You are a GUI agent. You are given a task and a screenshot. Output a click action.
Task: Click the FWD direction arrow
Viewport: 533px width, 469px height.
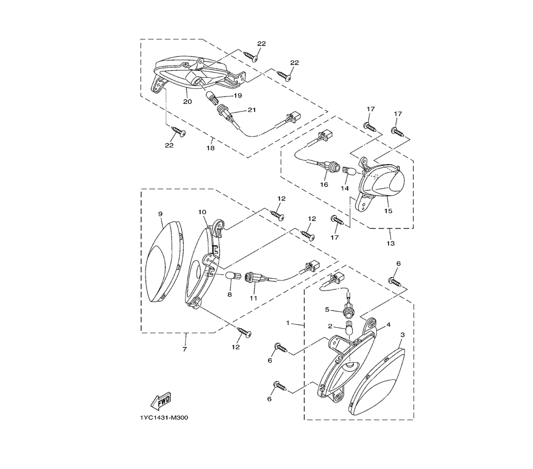[161, 400]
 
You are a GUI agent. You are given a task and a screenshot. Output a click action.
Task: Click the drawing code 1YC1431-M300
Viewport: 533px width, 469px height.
[164, 418]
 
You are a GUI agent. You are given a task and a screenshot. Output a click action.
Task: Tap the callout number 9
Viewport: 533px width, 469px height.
[160, 214]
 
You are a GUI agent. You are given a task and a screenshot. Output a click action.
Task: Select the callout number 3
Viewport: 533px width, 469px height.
[402, 335]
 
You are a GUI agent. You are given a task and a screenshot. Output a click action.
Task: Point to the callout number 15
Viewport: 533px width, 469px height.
[388, 211]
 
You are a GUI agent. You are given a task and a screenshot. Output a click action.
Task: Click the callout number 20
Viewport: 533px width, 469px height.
[188, 102]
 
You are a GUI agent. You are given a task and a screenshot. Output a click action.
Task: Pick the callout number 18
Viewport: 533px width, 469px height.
[211, 148]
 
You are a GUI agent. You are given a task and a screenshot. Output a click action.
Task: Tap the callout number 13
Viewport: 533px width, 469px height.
[391, 244]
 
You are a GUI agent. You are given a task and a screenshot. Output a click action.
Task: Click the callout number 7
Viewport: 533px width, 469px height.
[184, 349]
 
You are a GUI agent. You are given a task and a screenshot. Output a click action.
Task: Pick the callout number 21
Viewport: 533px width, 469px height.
[252, 110]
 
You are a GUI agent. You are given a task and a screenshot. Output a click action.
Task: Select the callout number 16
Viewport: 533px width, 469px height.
[324, 184]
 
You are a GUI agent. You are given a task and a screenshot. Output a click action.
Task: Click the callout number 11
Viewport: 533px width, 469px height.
[254, 298]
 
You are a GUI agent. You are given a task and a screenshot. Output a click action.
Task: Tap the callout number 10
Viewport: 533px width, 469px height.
[202, 212]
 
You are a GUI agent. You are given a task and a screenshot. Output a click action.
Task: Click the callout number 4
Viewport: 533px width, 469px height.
[389, 325]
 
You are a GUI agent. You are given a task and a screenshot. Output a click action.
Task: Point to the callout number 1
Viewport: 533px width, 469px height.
[288, 323]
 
